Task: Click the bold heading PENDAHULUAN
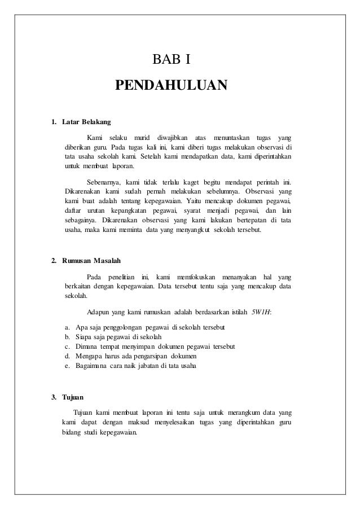(171, 86)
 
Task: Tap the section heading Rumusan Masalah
(91, 261)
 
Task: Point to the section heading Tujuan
(74, 397)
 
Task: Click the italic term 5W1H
(261, 312)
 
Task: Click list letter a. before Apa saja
(68, 328)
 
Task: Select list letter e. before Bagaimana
(68, 365)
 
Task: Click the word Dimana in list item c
(88, 346)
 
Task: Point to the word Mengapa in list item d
(90, 356)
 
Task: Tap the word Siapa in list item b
(86, 337)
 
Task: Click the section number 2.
(54, 261)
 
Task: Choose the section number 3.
(54, 397)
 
